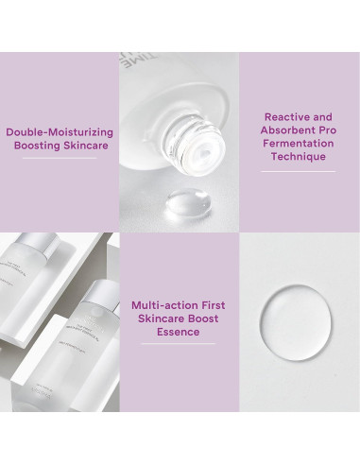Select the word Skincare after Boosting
pyautogui.click(x=88, y=147)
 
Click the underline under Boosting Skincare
pyautogui.click(x=60, y=159)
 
